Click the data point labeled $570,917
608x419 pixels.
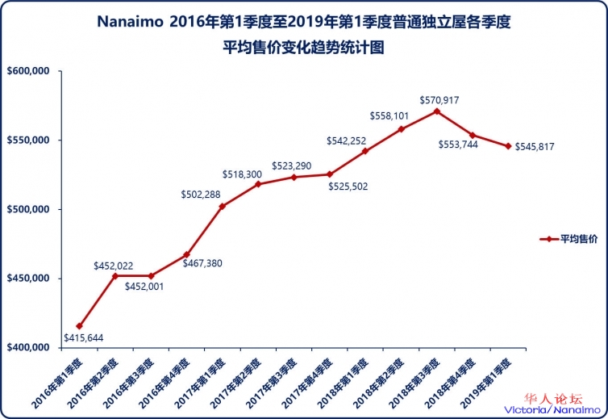pyautogui.click(x=436, y=111)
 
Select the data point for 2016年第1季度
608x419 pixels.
pyautogui.click(x=79, y=325)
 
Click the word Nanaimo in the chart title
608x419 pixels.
pyautogui.click(x=131, y=22)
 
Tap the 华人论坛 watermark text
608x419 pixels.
pyautogui.click(x=553, y=399)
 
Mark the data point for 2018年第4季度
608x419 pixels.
pyautogui.click(x=473, y=135)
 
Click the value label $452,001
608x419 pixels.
pyautogui.click(x=145, y=287)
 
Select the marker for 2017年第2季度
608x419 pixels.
pyautogui.click(x=258, y=184)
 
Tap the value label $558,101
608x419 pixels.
pyautogui.click(x=390, y=116)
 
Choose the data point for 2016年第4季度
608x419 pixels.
pyautogui.click(x=186, y=254)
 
